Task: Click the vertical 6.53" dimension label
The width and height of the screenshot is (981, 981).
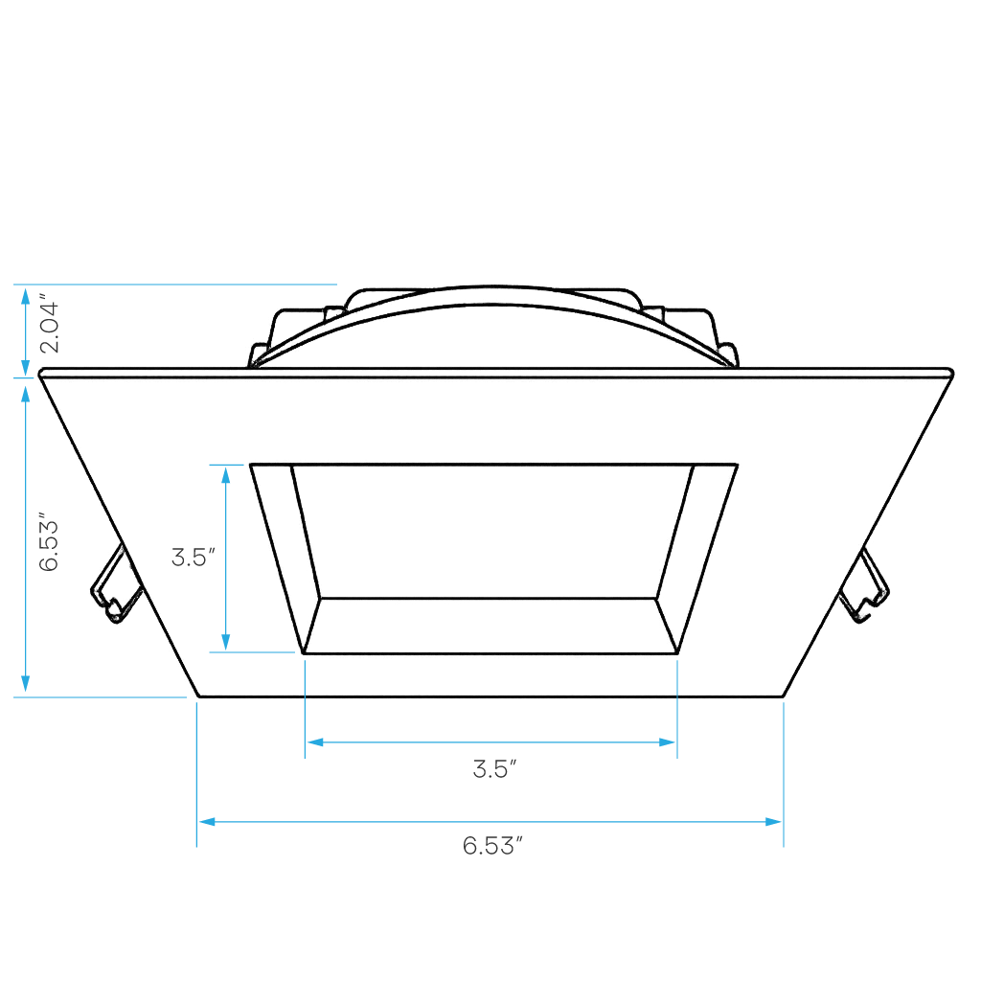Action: coord(50,544)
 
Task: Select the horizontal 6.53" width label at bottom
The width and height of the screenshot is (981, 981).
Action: coord(492,846)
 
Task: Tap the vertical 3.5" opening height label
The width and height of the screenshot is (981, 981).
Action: coord(194,557)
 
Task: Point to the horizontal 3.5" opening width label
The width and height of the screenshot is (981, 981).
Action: coord(495,769)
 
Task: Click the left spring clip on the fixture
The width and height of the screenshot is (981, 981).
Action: coord(116,585)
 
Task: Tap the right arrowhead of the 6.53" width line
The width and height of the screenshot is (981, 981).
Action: coord(773,821)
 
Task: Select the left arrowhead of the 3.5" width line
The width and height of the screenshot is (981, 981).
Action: coord(314,742)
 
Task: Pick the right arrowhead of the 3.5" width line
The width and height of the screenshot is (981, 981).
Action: coord(667,742)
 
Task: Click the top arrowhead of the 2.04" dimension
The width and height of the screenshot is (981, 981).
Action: coord(25,296)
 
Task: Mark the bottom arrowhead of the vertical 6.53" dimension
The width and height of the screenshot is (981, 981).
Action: coord(25,684)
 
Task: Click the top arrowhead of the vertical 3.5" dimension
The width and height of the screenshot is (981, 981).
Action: coord(226,475)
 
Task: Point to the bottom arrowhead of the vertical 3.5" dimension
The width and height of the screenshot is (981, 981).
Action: coord(226,642)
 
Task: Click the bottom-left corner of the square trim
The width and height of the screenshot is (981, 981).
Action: coord(199,696)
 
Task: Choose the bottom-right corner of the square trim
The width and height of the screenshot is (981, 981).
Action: coord(784,696)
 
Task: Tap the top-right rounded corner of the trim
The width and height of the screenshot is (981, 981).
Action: coord(949,373)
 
